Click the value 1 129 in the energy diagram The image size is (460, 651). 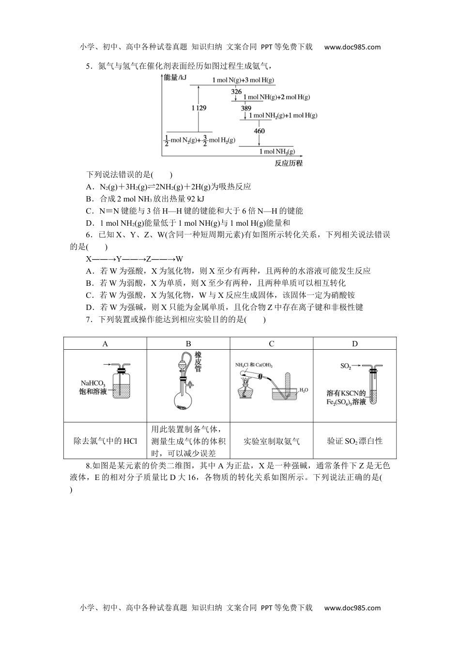pos(199,108)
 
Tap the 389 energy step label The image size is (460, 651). pos(246,108)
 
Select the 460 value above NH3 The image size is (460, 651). pos(259,131)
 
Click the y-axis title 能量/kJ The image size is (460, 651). pos(175,77)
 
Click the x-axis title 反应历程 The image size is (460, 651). pos(288,163)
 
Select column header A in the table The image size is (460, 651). pos(105,344)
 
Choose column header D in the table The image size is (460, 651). pos(354,344)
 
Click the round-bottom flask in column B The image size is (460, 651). pos(184,400)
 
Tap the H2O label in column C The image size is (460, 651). pos(304,390)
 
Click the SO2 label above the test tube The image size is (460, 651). pos(345,367)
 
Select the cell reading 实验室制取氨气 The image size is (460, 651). pos(271,441)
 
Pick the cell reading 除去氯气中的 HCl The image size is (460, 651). pos(105,441)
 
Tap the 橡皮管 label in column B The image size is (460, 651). pos(198,362)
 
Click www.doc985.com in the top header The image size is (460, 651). pos(352,47)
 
